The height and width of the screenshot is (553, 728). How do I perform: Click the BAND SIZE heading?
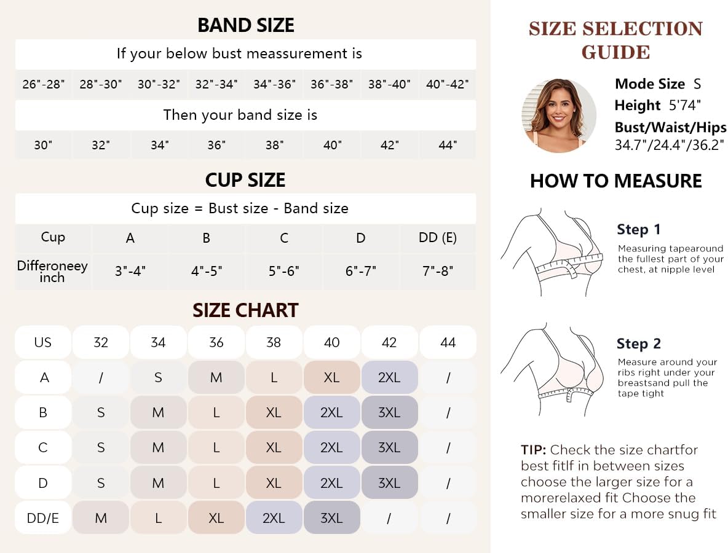click(245, 25)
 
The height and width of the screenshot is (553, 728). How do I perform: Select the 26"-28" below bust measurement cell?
click(43, 84)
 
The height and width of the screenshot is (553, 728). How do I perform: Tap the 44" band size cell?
click(448, 145)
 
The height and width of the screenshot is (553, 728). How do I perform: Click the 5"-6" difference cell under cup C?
click(283, 270)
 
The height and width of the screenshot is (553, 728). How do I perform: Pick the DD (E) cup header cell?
click(437, 238)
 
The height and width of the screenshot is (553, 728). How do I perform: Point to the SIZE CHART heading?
click(245, 310)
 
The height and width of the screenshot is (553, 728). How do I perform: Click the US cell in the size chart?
click(43, 342)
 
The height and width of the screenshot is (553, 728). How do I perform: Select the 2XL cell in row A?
click(389, 377)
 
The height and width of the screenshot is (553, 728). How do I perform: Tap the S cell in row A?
click(158, 377)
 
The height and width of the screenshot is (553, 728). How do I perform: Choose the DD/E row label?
click(43, 518)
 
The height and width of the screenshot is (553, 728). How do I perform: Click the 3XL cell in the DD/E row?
click(331, 518)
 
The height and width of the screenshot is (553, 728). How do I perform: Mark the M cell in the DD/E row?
click(101, 518)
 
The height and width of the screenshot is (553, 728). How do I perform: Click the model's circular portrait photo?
click(558, 116)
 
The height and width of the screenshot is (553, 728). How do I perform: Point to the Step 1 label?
click(639, 230)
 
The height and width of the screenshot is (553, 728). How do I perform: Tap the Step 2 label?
click(639, 344)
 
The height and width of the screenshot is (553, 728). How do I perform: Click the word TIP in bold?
click(533, 450)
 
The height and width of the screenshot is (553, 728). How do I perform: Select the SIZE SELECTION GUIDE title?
click(615, 40)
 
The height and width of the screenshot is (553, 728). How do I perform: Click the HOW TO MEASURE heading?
click(615, 181)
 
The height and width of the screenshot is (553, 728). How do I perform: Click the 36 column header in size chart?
click(216, 342)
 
